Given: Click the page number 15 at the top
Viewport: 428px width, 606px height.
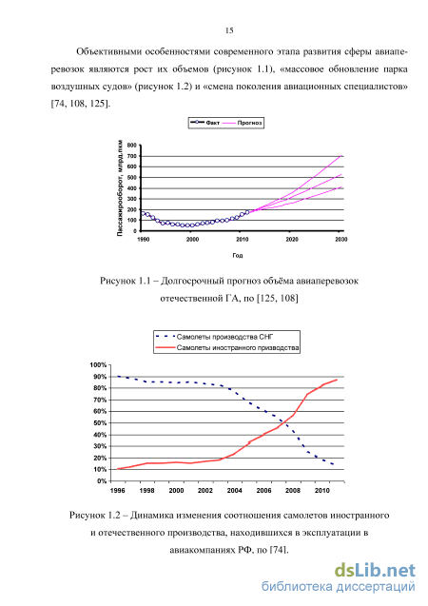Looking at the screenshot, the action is pos(229,30).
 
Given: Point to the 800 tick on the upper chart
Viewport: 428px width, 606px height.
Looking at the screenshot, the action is pos(132,146).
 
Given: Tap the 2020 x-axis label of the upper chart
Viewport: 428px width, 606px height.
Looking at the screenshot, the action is pos(292,239).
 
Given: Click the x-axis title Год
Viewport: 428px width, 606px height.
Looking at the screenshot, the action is pos(238,256).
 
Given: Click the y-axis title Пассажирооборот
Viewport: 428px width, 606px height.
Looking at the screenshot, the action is pos(120,187).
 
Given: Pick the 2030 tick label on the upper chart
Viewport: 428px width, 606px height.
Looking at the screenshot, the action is pos(341,239).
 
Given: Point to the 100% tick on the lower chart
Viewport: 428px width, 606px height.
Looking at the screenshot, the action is pos(98,365).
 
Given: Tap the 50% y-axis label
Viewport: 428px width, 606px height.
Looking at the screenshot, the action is pos(100,422).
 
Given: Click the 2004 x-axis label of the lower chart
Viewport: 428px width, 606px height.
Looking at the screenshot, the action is pos(235,491).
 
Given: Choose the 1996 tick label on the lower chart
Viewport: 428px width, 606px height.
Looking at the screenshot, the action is pos(117,491).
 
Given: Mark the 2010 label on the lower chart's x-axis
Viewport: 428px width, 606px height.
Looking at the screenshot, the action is pos(322,491).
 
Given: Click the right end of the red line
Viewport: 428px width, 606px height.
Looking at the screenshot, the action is pos(337,380).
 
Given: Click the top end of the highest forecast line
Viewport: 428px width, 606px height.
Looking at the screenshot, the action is pos(341,155).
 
